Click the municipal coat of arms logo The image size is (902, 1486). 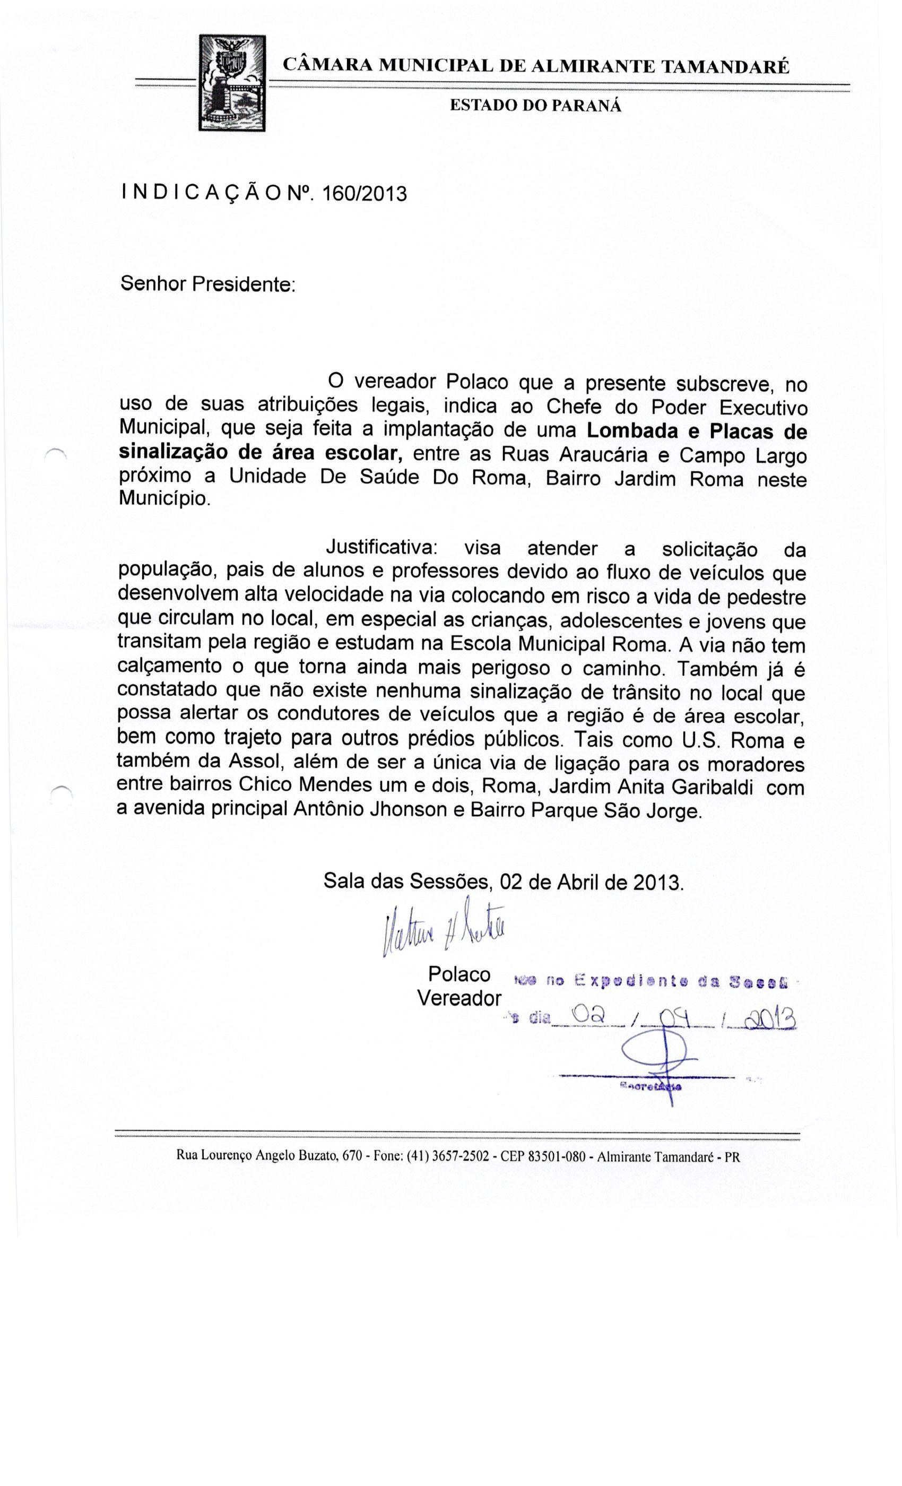233,83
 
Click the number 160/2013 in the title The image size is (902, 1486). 364,194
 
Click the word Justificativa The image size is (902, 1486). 382,548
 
